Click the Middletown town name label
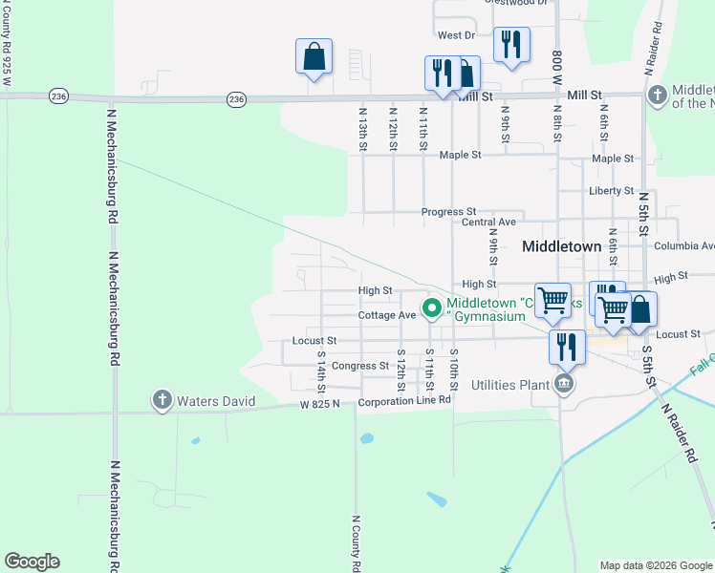[562, 245]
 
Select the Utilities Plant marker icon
[564, 385]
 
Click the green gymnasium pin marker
[431, 308]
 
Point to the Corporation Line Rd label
[404, 401]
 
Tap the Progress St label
[449, 212]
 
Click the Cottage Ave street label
[387, 315]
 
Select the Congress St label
[360, 366]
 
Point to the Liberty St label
[612, 191]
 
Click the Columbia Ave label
[684, 245]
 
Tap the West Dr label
[456, 35]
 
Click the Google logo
[32, 562]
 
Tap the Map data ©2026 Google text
[655, 565]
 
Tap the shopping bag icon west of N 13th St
[314, 56]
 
